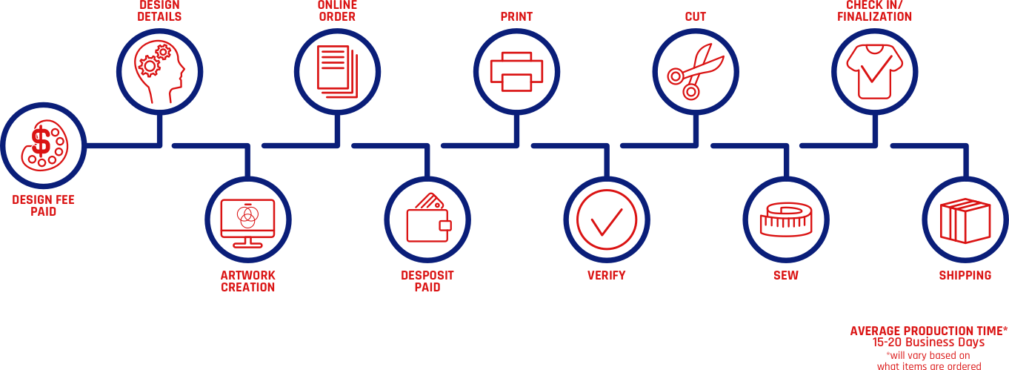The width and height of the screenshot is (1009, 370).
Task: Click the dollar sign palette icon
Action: coord(41,145)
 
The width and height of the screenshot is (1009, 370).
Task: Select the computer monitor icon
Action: coord(248,219)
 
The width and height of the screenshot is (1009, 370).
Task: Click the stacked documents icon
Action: coord(336,68)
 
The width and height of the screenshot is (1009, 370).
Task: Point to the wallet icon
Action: coord(427,219)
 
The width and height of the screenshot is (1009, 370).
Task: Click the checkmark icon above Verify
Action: coord(607,219)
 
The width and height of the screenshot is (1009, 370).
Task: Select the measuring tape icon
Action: coord(786,219)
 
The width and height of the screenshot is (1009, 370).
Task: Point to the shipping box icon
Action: coord(964,220)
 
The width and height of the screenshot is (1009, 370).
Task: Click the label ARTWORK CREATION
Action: coord(248,281)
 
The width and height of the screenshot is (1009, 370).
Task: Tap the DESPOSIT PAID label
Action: coord(427,281)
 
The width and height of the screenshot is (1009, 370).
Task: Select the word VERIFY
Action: coord(606,276)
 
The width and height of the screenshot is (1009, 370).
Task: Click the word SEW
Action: coord(785,276)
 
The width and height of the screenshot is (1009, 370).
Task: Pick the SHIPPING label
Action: coord(965,276)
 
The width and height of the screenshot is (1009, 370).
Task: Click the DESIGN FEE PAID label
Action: coord(44,205)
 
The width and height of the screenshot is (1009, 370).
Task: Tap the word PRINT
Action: coord(516,16)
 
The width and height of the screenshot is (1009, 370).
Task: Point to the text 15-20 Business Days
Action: coord(928,343)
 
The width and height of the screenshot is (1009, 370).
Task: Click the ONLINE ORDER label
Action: coord(336,10)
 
